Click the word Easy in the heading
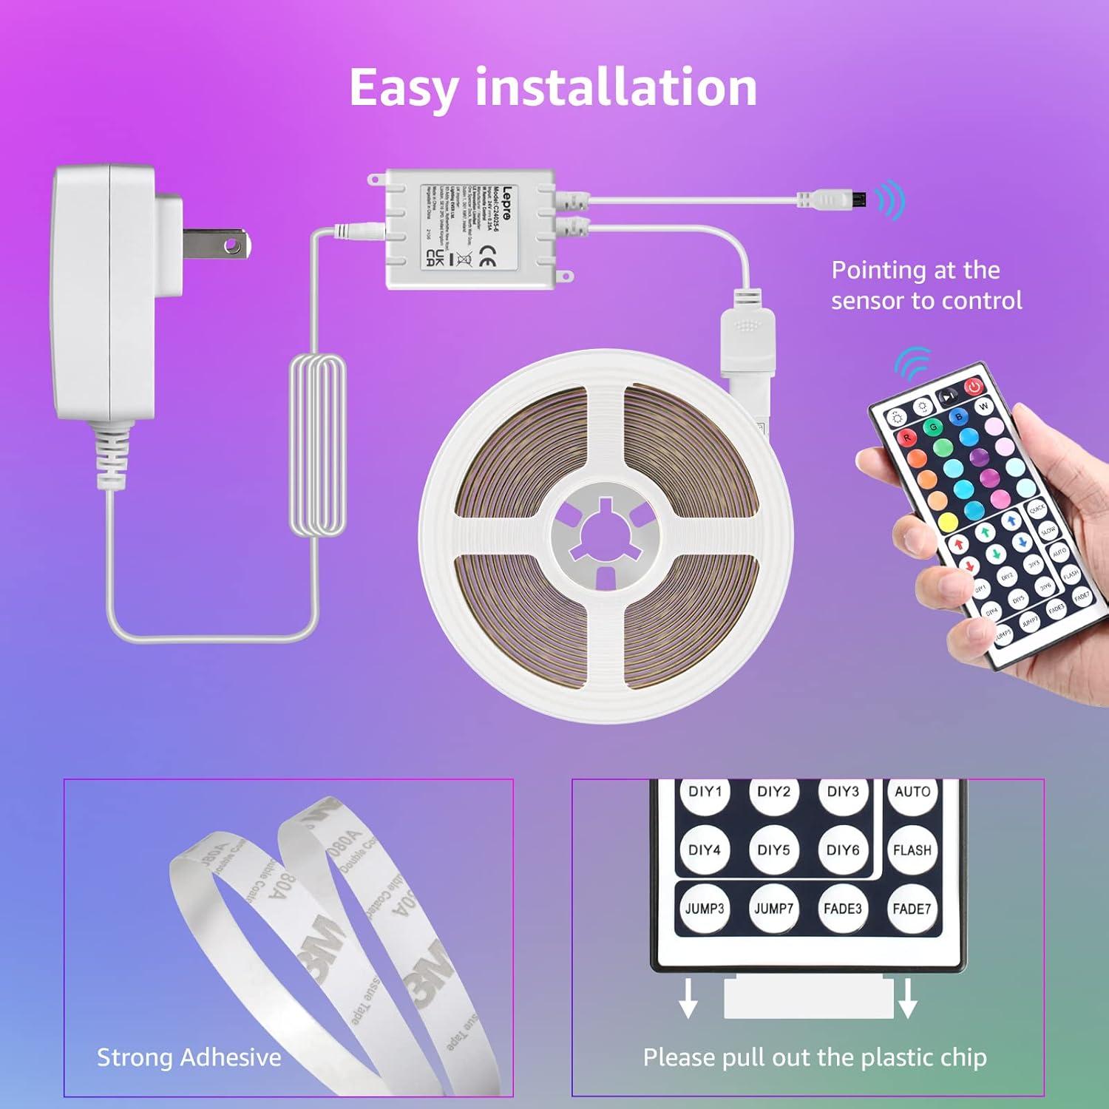pyautogui.click(x=404, y=89)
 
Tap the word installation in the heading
pyautogui.click(x=616, y=87)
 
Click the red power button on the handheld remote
pyautogui.click(x=974, y=387)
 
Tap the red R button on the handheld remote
pyautogui.click(x=906, y=438)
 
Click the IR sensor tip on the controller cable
pyautogui.click(x=858, y=199)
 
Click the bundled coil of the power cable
pyautogui.click(x=318, y=444)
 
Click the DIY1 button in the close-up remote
pyautogui.click(x=705, y=793)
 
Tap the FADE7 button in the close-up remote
pyautogui.click(x=911, y=909)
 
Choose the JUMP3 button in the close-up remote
pyautogui.click(x=705, y=909)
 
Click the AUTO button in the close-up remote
pyautogui.click(x=912, y=793)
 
